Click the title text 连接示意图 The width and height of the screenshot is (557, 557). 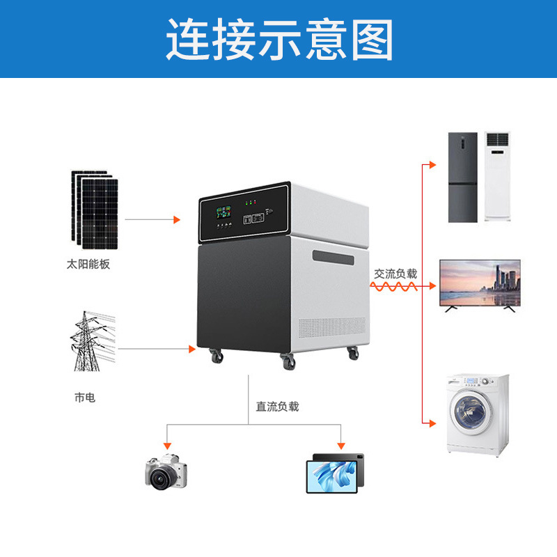(280, 40)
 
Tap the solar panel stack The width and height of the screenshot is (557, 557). (95, 210)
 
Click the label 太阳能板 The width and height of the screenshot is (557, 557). (88, 265)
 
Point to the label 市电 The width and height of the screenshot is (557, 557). (85, 398)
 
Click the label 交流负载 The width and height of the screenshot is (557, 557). (395, 274)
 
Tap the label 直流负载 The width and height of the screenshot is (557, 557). (277, 407)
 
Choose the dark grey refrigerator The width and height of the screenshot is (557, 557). (462, 178)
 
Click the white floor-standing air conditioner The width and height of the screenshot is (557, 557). (497, 177)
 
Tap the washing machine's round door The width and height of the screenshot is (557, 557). (471, 413)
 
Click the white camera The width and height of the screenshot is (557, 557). (166, 472)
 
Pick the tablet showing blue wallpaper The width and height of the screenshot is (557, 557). (335, 473)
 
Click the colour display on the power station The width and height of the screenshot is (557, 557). (223, 212)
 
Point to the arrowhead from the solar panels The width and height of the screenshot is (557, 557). (177, 219)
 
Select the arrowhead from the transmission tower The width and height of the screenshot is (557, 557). (192, 349)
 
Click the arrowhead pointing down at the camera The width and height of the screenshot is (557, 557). (167, 446)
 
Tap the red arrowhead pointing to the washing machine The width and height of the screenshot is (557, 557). (432, 423)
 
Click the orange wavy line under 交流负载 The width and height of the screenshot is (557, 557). (393, 286)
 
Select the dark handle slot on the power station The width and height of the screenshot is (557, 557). (334, 257)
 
